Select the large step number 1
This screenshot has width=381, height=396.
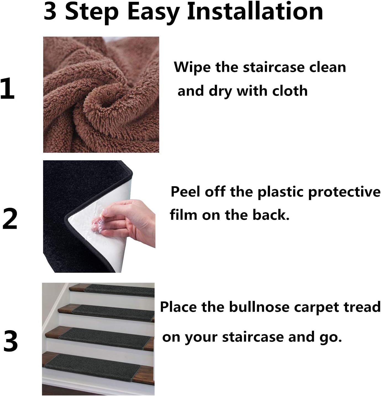click(x=8, y=88)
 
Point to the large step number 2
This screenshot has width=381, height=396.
click(x=10, y=219)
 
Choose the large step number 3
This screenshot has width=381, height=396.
click(x=10, y=341)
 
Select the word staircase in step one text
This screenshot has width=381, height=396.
click(x=274, y=67)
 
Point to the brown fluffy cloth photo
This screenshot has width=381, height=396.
click(x=101, y=95)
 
